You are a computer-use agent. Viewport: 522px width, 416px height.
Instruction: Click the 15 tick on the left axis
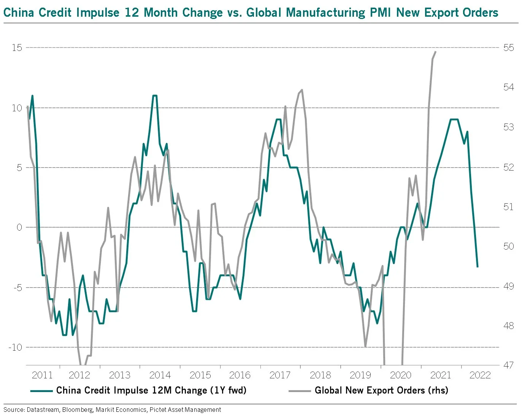[x=17, y=48]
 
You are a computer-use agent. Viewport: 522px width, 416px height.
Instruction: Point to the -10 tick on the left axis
[x=15, y=347]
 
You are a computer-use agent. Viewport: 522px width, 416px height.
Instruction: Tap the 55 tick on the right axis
[x=508, y=48]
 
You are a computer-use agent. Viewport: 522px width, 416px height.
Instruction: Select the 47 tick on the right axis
[x=508, y=365]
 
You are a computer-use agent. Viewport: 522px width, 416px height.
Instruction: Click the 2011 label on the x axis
[x=42, y=375]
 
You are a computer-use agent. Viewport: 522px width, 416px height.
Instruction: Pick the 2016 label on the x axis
[x=240, y=375]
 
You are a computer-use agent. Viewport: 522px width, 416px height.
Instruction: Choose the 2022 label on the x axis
[x=480, y=375]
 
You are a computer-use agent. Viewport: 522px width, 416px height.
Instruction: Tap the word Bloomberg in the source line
[x=77, y=410]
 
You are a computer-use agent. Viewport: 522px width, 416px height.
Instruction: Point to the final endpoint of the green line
[x=478, y=267]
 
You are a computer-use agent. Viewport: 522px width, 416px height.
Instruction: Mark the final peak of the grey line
[x=436, y=52]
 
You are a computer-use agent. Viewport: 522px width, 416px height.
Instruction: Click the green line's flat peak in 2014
[x=155, y=96]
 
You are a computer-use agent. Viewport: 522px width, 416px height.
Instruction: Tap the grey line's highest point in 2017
[x=302, y=90]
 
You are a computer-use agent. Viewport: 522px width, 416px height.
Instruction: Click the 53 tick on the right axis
[x=508, y=127]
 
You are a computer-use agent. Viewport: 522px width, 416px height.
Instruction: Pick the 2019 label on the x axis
[x=360, y=375]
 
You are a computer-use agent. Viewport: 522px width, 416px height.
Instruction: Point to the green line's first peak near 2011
[x=32, y=96]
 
